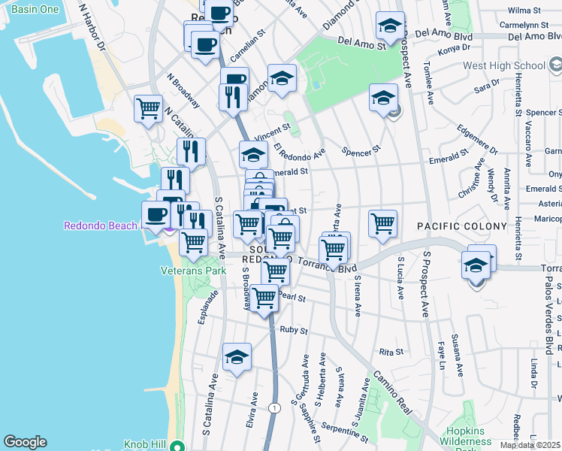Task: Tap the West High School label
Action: (x=503, y=66)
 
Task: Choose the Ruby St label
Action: (x=294, y=330)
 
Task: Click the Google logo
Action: (x=25, y=442)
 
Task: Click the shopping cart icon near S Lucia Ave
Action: (x=382, y=223)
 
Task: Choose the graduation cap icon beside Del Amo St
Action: (x=389, y=27)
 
